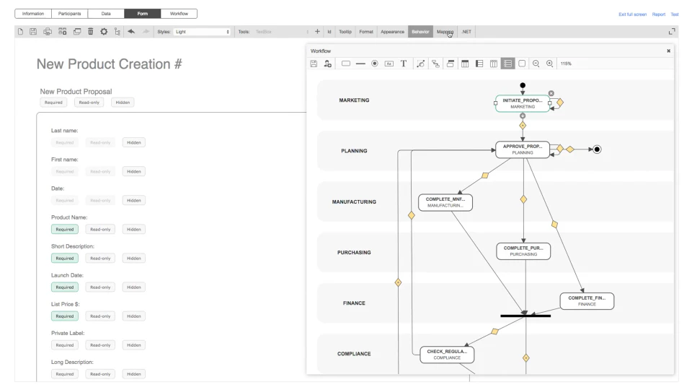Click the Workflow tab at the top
click(178, 14)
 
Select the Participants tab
click(70, 14)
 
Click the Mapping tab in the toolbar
click(445, 32)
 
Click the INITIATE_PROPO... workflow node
click(523, 103)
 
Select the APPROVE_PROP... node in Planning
click(522, 149)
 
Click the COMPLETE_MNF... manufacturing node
click(445, 202)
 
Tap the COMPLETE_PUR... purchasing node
click(523, 251)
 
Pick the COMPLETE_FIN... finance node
click(587, 300)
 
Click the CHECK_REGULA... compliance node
click(447, 354)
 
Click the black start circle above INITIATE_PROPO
click(523, 85)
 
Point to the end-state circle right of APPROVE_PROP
click(597, 149)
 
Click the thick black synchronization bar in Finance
click(525, 316)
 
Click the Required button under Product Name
click(65, 229)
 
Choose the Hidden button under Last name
click(133, 142)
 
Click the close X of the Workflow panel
click(668, 51)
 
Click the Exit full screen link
click(632, 14)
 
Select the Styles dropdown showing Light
click(201, 32)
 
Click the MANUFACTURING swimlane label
click(354, 201)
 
